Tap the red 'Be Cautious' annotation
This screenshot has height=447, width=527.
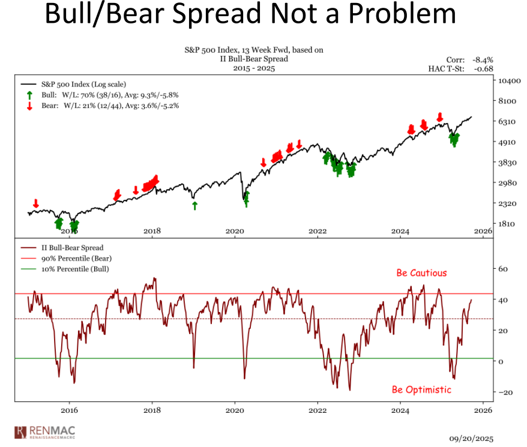click(421, 273)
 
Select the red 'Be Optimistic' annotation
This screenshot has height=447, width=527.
click(421, 390)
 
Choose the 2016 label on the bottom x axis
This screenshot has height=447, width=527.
click(70, 410)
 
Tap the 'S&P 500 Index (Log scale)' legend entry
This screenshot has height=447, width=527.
click(83, 85)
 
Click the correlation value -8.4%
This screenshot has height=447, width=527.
click(481, 59)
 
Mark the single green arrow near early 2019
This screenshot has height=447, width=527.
click(194, 206)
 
